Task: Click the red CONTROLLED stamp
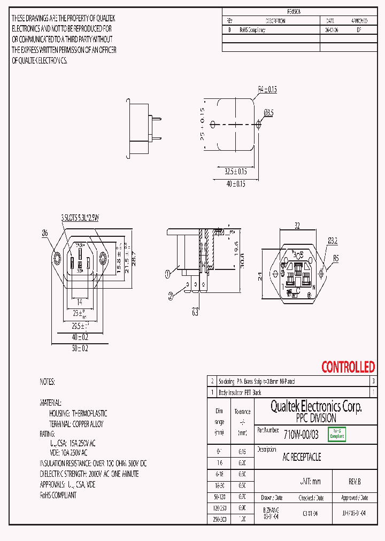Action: (348, 367)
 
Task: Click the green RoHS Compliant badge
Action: (336, 434)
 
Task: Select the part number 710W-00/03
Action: (301, 435)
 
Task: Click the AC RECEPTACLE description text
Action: (302, 457)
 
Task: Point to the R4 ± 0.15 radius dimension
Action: (267, 90)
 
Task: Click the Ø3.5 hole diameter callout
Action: (268, 113)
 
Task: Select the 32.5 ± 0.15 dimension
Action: (235, 172)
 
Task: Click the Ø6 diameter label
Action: (45, 233)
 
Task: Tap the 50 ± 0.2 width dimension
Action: (80, 348)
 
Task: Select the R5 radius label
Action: (336, 258)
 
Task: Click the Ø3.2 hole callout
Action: (333, 241)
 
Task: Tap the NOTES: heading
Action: (48, 382)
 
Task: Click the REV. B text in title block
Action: (355, 482)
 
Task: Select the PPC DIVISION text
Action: (316, 419)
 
